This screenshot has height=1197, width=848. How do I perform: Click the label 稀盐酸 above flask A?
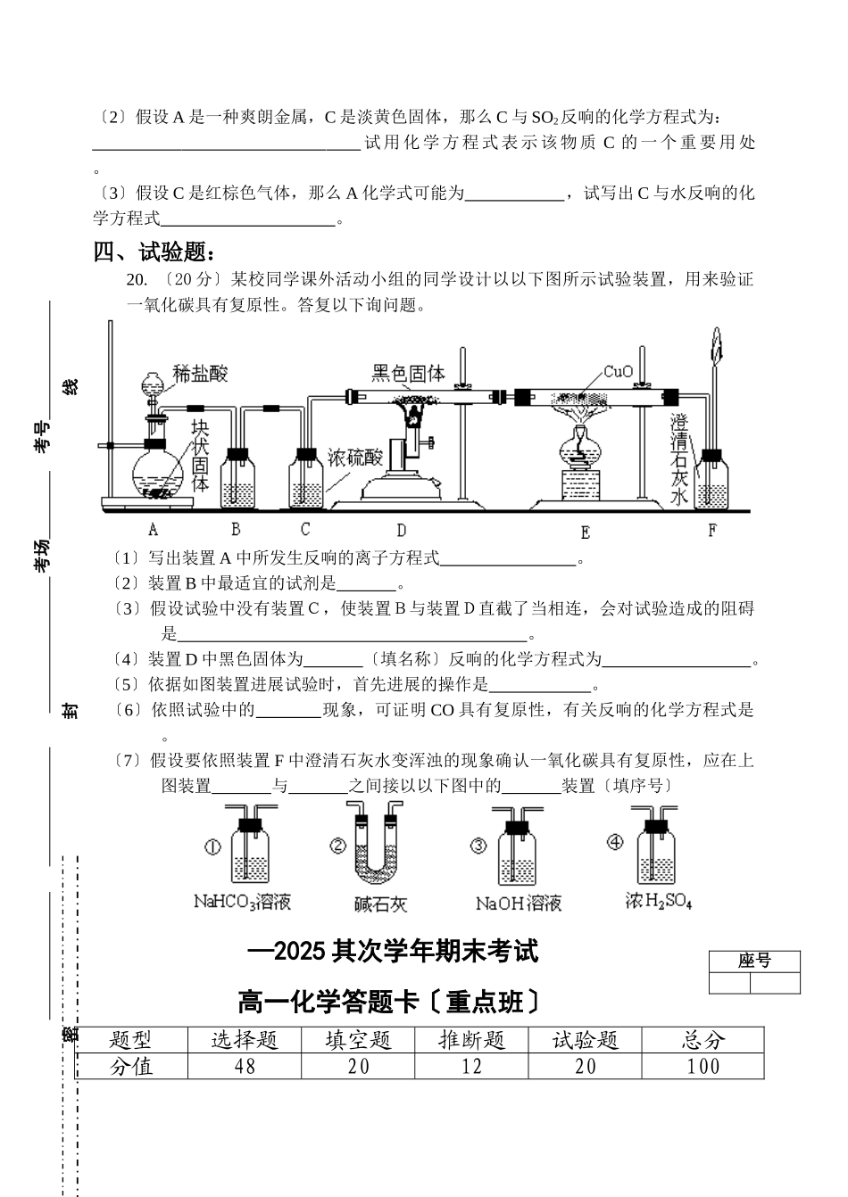coord(200,373)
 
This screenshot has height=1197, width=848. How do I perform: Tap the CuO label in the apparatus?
coord(618,371)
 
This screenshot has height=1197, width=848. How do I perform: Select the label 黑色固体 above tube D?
coord(408,373)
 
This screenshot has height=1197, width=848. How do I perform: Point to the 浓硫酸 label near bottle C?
coord(354,458)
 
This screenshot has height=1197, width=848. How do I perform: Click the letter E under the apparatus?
coord(585,532)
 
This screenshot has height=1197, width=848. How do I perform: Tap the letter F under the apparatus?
coord(711,531)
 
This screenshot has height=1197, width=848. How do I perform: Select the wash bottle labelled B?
coord(238,480)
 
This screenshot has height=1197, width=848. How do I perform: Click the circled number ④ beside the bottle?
coord(614,842)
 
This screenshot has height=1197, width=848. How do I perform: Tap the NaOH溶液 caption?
coord(519,904)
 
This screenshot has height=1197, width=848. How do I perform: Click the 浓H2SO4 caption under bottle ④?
coord(659,902)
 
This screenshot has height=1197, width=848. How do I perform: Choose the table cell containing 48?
coord(244,1066)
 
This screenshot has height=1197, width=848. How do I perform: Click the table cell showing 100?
coord(703,1066)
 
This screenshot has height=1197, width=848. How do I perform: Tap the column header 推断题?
coord(472,1040)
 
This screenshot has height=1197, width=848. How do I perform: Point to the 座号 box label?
coord(754,961)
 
